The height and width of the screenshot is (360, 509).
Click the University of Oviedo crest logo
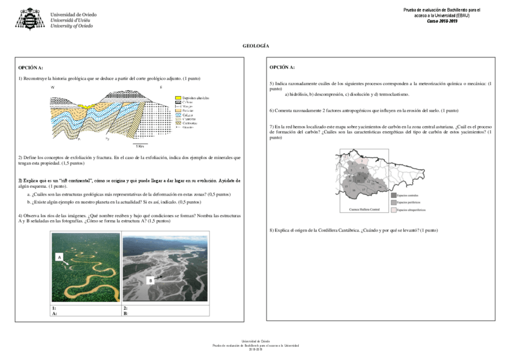pyautogui.click(x=30, y=19)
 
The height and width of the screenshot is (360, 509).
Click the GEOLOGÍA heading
pyautogui.click(x=255, y=46)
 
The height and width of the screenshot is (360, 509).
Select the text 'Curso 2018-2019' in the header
pyautogui.click(x=442, y=21)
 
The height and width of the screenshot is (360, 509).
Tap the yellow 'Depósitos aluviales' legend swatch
pyautogui.click(x=178, y=97)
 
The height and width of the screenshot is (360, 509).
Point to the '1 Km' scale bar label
pyautogui.click(x=139, y=146)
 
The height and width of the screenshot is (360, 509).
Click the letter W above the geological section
pyautogui.click(x=52, y=88)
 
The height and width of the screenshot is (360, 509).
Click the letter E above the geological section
pyautogui.click(x=161, y=88)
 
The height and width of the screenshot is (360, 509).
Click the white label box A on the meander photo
pyautogui.click(x=59, y=257)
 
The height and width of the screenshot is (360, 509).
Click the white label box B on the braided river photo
pyautogui.click(x=151, y=280)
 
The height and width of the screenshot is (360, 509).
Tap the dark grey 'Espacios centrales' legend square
pyautogui.click(x=393, y=194)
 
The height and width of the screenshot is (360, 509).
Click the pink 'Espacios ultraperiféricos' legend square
pyautogui.click(x=393, y=210)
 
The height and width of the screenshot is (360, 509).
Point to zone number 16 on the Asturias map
pyautogui.click(x=354, y=190)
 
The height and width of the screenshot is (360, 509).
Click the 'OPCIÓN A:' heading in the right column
pyautogui.click(x=282, y=67)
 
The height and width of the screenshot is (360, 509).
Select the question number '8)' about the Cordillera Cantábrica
pyautogui.click(x=272, y=230)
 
